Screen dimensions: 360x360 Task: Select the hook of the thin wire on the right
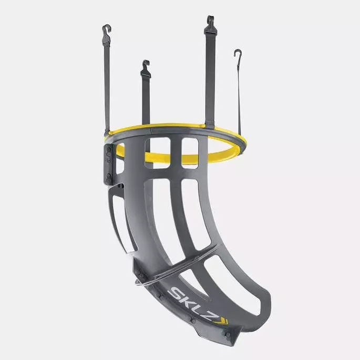click(x=238, y=54)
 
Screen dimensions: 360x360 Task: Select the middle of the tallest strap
click(x=210, y=74)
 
